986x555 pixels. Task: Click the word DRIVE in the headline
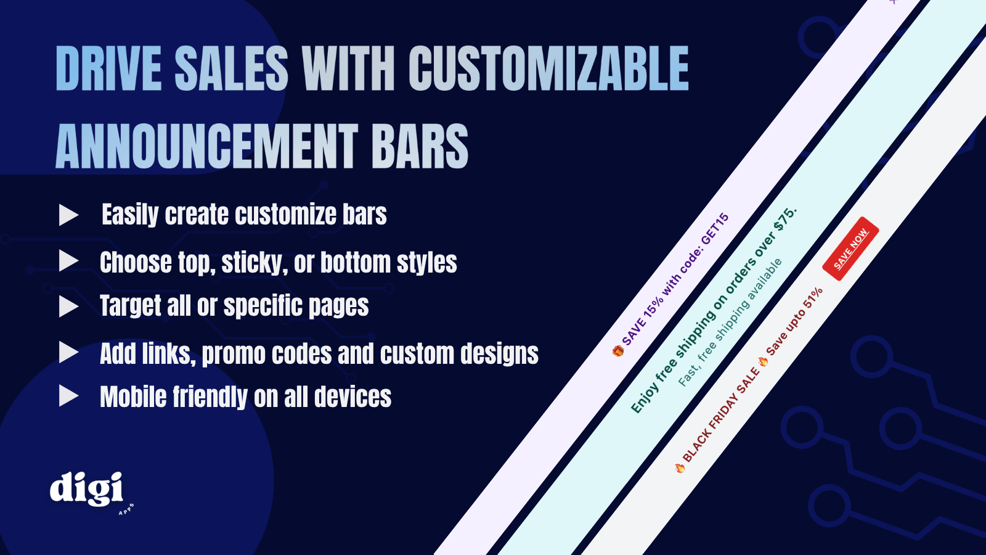pyautogui.click(x=108, y=68)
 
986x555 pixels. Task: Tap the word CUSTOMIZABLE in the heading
pyautogui.click(x=548, y=68)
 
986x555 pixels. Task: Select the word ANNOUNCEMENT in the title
pyautogui.click(x=206, y=146)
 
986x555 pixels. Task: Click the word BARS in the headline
pyautogui.click(x=419, y=146)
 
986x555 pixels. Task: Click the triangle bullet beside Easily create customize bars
pyautogui.click(x=68, y=215)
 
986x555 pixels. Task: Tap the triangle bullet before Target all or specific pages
pyautogui.click(x=68, y=306)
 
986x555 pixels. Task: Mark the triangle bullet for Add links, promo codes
pyautogui.click(x=68, y=353)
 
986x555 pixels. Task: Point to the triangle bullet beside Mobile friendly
pyautogui.click(x=68, y=395)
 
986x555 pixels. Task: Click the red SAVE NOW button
pyautogui.click(x=850, y=249)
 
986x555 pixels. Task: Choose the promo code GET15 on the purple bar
pyautogui.click(x=714, y=229)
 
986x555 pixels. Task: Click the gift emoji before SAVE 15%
pyautogui.click(x=618, y=351)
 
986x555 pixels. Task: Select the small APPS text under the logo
pyautogui.click(x=126, y=509)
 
